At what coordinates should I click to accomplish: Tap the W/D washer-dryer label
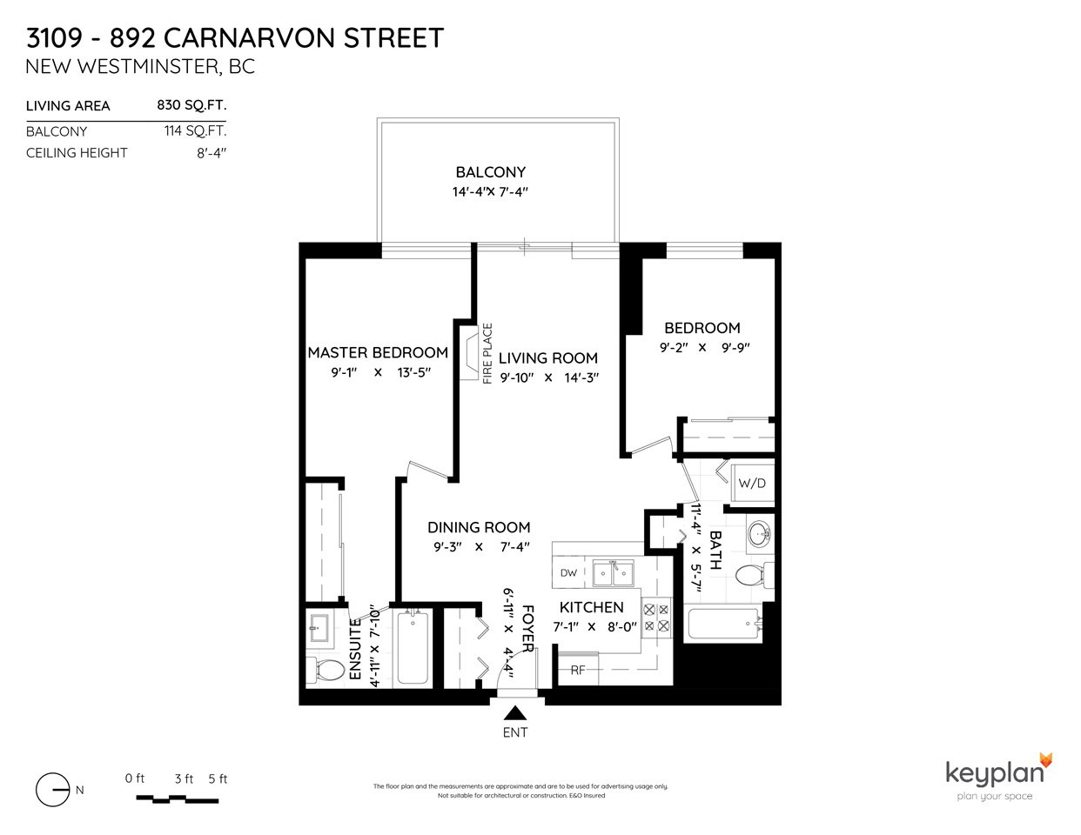[752, 483]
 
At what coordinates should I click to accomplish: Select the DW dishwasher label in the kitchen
[568, 572]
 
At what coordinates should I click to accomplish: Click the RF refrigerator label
[578, 671]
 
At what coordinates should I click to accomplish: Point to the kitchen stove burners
[656, 618]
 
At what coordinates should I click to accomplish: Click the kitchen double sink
[613, 573]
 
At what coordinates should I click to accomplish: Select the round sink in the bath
[760, 534]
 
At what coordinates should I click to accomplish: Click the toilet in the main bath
[754, 575]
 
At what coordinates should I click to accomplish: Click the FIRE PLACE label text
[487, 353]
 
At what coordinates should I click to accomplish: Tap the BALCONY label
[491, 172]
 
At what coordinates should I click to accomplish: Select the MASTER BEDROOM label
[378, 352]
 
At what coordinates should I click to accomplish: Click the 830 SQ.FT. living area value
[192, 105]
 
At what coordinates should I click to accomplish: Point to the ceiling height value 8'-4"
[211, 153]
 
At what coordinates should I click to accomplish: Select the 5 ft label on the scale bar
[218, 778]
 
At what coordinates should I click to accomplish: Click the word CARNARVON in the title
[249, 38]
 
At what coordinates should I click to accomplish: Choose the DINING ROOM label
[479, 527]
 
